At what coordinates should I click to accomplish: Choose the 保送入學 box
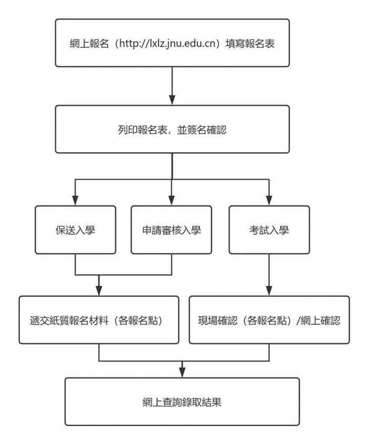pyautogui.click(x=75, y=230)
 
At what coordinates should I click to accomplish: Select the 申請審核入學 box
pyautogui.click(x=172, y=230)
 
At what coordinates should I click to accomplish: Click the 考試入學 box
pyautogui.click(x=269, y=230)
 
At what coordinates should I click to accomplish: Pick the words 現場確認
pyautogui.click(x=216, y=320)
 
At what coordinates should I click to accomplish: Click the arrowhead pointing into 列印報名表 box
pyautogui.click(x=172, y=100)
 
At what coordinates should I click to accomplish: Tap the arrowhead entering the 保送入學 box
pyautogui.click(x=75, y=200)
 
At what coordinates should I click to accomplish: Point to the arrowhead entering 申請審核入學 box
pyautogui.click(x=172, y=200)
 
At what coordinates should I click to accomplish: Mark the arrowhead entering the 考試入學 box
pyautogui.click(x=269, y=200)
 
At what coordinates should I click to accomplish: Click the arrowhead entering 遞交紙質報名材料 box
pyautogui.click(x=99, y=291)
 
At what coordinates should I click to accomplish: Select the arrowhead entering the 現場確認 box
pyautogui.click(x=269, y=291)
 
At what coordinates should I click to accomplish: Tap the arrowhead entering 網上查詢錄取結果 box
pyautogui.click(x=182, y=373)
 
